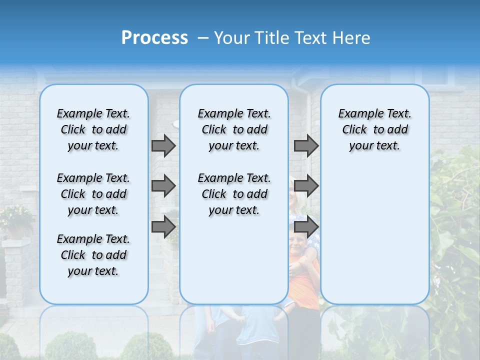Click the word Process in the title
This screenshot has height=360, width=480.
click(154, 38)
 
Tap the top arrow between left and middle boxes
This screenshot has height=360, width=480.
click(163, 145)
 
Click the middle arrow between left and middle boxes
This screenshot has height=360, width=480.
click(163, 186)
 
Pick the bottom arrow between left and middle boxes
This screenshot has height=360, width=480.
click(163, 227)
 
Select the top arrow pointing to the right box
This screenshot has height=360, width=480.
click(306, 145)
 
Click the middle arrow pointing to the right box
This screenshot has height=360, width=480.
click(306, 186)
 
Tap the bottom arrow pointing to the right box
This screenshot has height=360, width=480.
click(306, 227)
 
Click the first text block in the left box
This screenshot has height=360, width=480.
click(93, 129)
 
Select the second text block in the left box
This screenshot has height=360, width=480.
click(93, 194)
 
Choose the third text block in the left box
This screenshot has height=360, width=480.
click(93, 255)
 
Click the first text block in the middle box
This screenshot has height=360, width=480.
click(234, 129)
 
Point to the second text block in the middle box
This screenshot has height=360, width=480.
click(234, 194)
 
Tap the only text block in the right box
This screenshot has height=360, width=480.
click(374, 129)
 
